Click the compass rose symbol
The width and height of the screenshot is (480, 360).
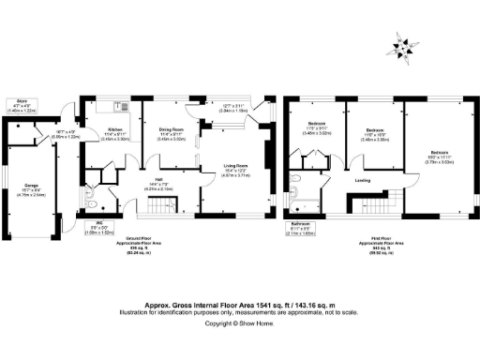(x=403, y=44)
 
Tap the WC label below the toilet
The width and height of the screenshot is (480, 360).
(x=99, y=227)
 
